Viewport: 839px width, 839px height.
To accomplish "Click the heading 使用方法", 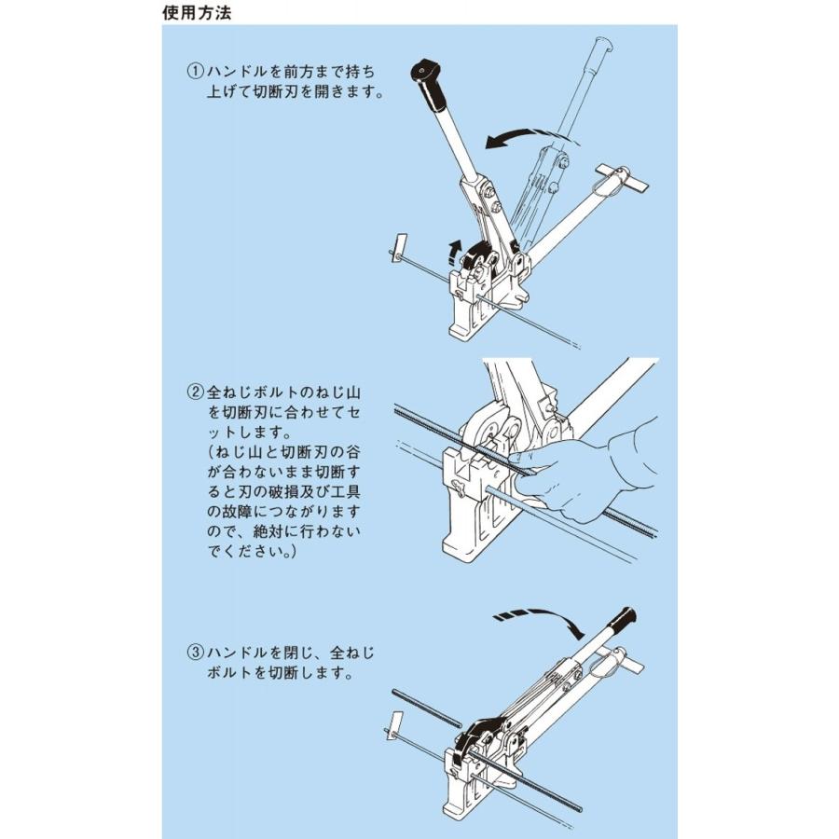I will (198, 13).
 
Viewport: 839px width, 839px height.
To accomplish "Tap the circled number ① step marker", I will (195, 71).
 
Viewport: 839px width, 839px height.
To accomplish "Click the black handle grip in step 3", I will (619, 619).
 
